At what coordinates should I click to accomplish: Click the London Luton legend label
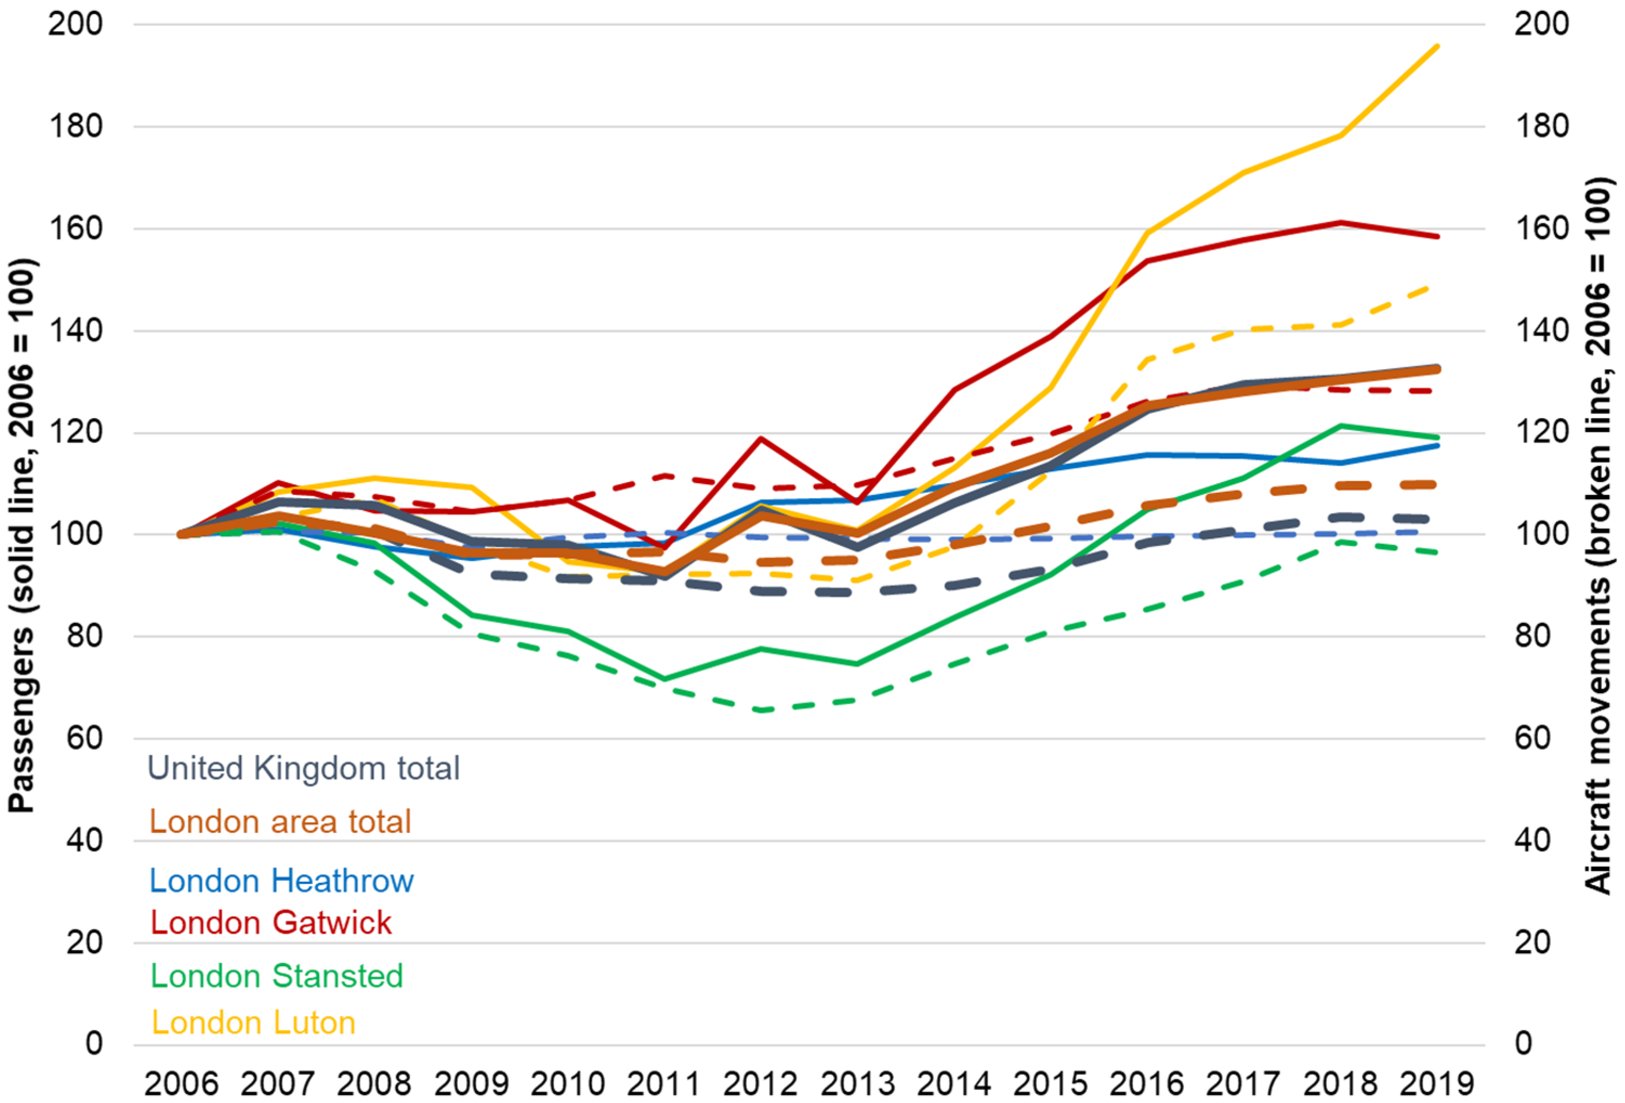point(253,1022)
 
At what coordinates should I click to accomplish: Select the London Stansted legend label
point(277,976)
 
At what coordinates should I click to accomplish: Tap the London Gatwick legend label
point(271,923)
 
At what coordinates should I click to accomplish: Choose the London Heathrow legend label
point(281,881)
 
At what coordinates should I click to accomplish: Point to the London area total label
point(280,821)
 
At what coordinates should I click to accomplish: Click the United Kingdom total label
point(304,768)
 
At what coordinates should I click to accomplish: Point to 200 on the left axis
point(75,24)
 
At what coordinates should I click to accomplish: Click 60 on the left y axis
point(84,738)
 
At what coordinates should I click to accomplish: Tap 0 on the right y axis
point(1524,1043)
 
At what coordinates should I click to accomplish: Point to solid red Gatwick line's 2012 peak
point(760,438)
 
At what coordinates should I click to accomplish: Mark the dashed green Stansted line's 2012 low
point(760,710)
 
